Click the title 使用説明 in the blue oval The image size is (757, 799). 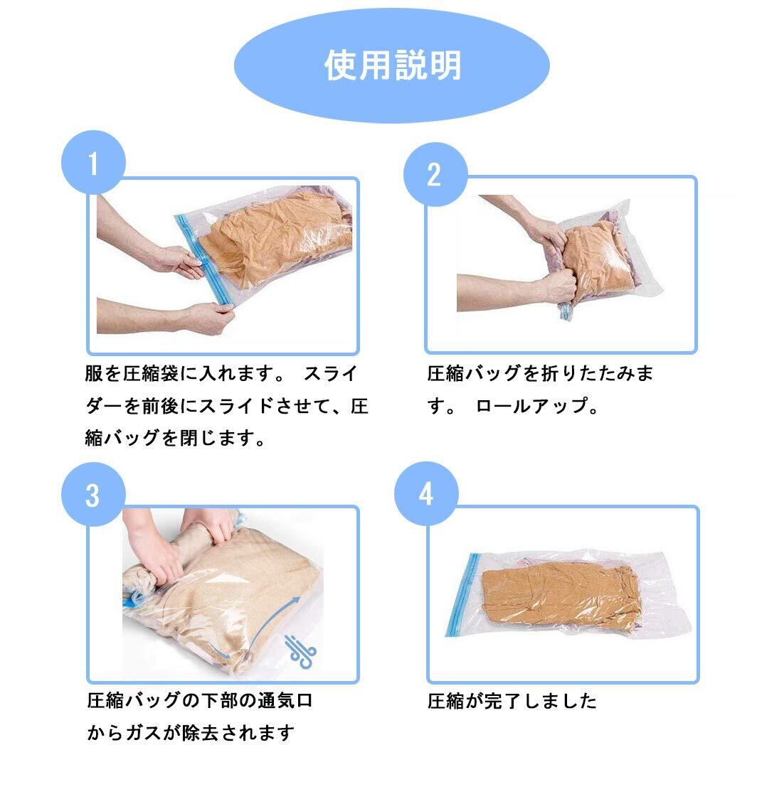tap(392, 65)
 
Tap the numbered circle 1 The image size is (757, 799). tap(93, 163)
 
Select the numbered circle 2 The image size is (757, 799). tap(435, 174)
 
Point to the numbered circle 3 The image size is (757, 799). tap(93, 494)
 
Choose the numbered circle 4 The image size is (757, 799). tap(426, 494)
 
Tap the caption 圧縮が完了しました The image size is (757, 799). tap(512, 702)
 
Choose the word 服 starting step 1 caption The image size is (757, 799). tap(94, 373)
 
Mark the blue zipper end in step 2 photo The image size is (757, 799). tap(565, 312)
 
